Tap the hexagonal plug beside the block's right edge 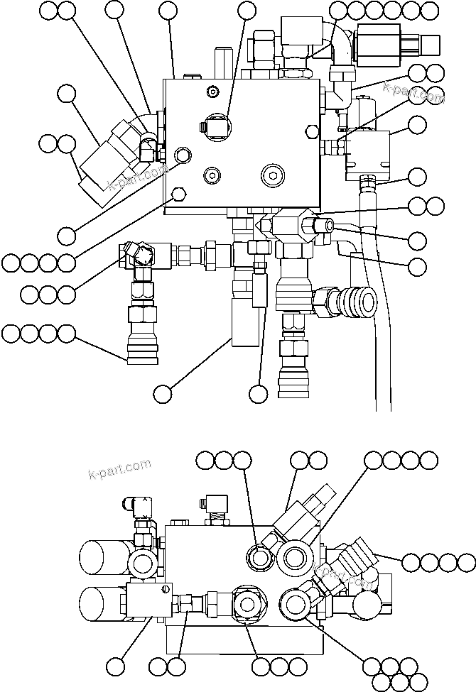(x=310, y=131)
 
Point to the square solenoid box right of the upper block (x=369, y=155)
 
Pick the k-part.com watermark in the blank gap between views (x=120, y=468)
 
